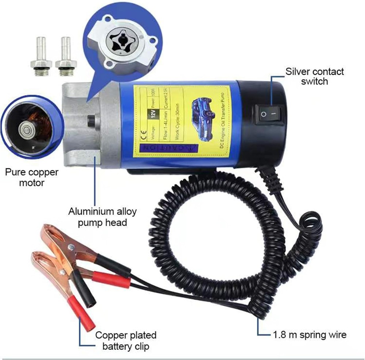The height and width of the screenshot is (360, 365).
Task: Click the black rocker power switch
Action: [x=269, y=114]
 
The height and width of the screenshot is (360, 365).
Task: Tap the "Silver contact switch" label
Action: [x=314, y=76]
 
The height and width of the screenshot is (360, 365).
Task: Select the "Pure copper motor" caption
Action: [x=31, y=177]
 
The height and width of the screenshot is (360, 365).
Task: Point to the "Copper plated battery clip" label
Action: [x=126, y=341]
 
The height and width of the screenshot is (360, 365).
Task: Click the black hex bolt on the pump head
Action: [x=91, y=121]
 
